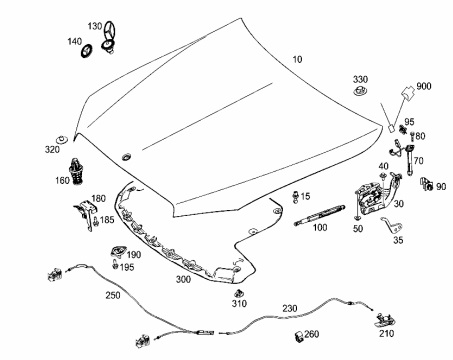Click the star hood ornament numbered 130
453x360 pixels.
[109, 37]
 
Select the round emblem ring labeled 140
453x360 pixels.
[87, 50]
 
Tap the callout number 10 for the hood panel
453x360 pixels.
[297, 59]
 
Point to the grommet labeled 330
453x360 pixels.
[360, 91]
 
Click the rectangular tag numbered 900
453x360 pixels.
[407, 91]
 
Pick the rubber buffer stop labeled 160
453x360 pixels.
[77, 170]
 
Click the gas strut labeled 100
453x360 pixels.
[319, 215]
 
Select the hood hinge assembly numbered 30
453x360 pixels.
[377, 195]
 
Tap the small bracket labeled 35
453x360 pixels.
[392, 226]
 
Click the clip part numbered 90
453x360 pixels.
[426, 184]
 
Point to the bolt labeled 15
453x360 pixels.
[295, 197]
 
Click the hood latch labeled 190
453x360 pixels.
[118, 251]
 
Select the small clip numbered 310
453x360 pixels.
[238, 294]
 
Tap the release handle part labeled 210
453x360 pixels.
[385, 320]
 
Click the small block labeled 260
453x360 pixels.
[299, 336]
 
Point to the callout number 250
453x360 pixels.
[113, 295]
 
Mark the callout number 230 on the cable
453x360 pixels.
[290, 308]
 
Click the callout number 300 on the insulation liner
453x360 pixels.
[183, 279]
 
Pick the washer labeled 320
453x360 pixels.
[62, 139]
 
